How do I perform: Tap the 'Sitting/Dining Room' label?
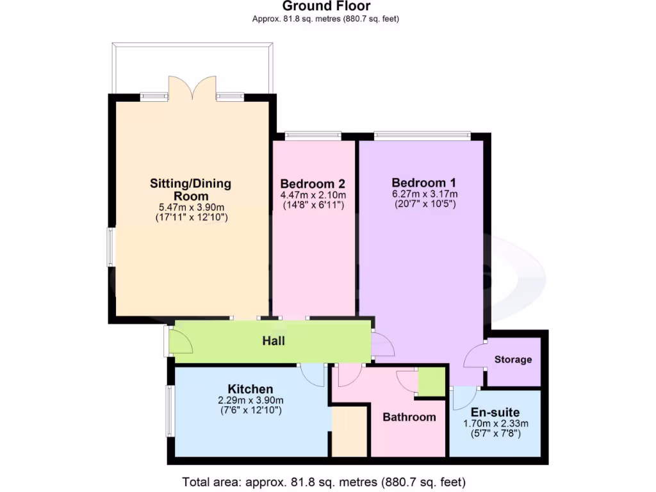point(190,190)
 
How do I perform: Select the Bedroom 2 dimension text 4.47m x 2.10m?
point(313,195)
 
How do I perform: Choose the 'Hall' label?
point(274,341)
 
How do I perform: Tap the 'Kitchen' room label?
point(250,389)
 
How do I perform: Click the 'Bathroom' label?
point(409,417)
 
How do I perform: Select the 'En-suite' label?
point(495,412)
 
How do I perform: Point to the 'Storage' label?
point(513,359)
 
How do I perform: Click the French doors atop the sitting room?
point(192,88)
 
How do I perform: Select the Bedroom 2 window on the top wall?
point(313,135)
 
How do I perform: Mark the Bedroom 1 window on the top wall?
point(422,135)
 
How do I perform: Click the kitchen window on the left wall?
point(170,411)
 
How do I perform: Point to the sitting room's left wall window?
point(110,247)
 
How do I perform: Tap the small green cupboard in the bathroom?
point(432,382)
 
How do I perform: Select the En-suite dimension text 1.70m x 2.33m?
point(495,423)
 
